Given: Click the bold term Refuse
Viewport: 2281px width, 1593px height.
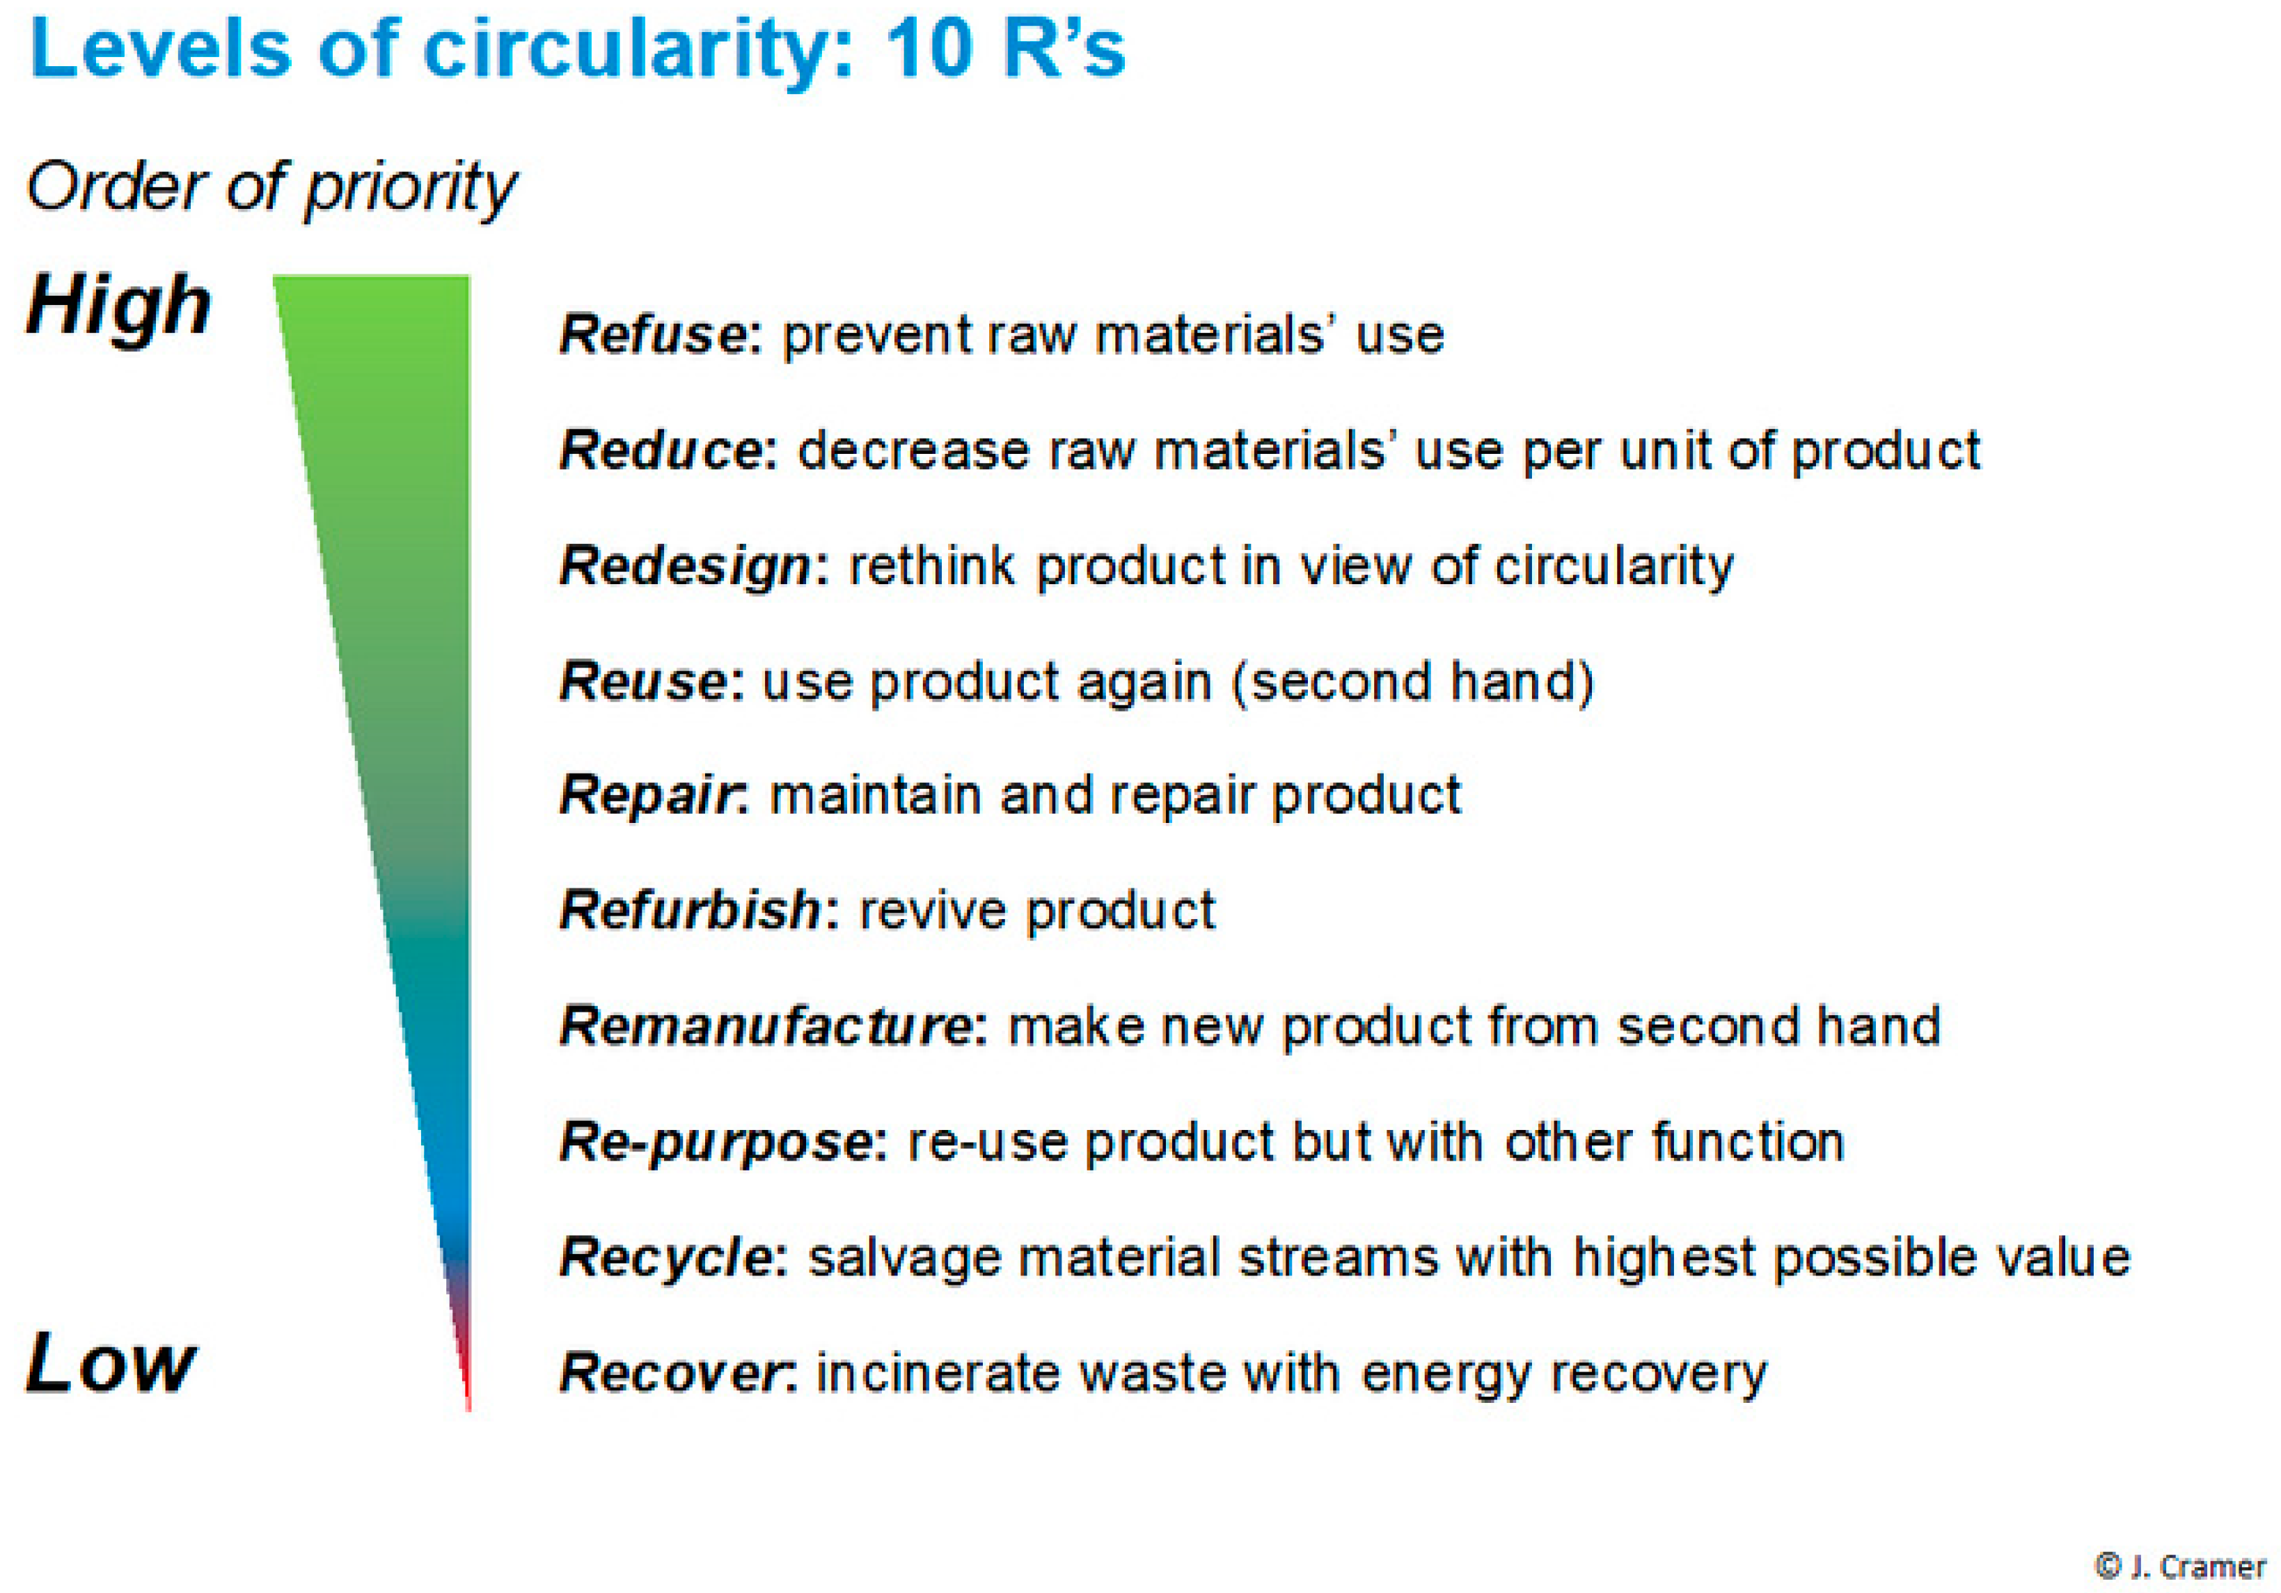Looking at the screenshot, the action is point(653,334).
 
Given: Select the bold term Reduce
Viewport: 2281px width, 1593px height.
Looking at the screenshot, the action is point(662,450).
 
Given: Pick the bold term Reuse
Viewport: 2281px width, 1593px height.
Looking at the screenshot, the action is point(645,682).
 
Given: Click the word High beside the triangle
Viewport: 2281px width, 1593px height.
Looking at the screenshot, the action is point(118,307).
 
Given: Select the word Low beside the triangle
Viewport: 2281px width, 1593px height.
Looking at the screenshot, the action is point(110,1363).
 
